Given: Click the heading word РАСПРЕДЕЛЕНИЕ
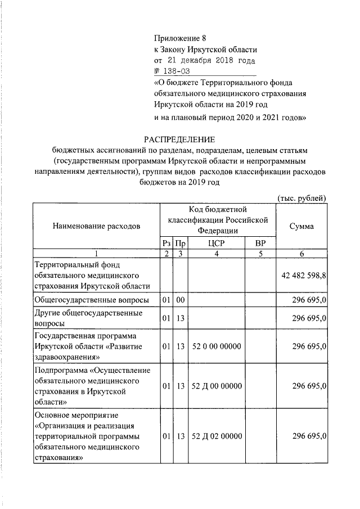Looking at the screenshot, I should pyautogui.click(x=179, y=139).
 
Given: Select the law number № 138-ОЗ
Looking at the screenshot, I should pyautogui.click(x=168, y=71).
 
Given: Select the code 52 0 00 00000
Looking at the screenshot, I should pyautogui.click(x=217, y=346).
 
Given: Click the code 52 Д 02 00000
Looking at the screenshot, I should pyautogui.click(x=217, y=436).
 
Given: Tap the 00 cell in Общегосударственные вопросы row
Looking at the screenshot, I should pyautogui.click(x=180, y=300).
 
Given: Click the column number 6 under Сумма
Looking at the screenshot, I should pyautogui.click(x=301, y=254).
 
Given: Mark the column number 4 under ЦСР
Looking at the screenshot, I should pyautogui.click(x=217, y=254).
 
